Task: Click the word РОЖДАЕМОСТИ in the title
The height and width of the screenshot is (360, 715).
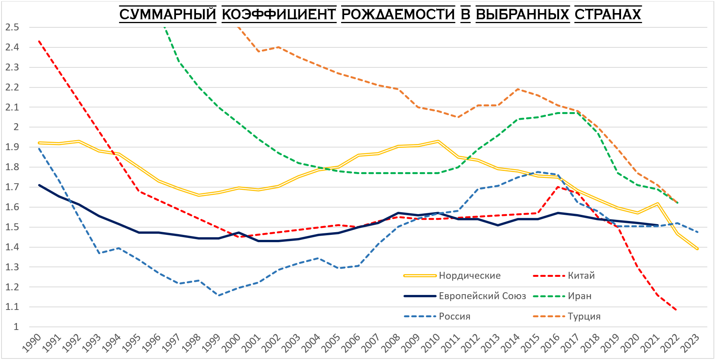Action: click(x=398, y=15)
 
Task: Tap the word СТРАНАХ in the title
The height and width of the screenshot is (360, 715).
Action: click(x=608, y=15)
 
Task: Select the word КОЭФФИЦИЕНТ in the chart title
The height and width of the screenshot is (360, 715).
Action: click(x=279, y=15)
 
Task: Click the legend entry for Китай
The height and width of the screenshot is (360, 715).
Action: click(x=581, y=276)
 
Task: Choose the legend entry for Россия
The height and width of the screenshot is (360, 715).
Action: click(x=454, y=316)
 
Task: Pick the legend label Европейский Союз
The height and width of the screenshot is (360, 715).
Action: click(x=482, y=296)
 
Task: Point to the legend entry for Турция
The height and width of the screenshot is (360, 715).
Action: click(x=584, y=316)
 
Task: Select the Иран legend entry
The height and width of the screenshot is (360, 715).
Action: click(x=579, y=296)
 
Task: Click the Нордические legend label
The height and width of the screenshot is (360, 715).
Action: click(x=469, y=276)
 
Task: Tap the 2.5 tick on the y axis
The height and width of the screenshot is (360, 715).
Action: click(x=12, y=27)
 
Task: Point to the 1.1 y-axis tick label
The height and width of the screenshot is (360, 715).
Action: click(x=12, y=307)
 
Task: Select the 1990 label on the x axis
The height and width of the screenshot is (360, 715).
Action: click(x=32, y=343)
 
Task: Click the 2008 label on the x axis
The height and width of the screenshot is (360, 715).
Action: click(x=391, y=343)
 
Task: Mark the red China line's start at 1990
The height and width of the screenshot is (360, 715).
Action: click(x=39, y=41)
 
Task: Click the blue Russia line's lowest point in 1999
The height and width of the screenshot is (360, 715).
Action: click(x=219, y=295)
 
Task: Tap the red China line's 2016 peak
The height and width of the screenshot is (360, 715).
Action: click(x=558, y=187)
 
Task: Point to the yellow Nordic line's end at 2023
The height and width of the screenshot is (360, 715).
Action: click(x=697, y=249)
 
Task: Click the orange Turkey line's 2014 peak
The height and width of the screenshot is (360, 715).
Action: click(x=518, y=89)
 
